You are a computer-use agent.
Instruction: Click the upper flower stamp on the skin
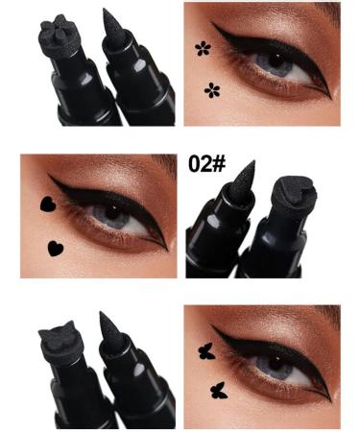tap(202, 48)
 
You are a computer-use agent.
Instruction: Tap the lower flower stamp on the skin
tap(212, 90)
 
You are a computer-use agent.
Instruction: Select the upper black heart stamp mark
tap(45, 204)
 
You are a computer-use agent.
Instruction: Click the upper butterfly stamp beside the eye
tap(204, 350)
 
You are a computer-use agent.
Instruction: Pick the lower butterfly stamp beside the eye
tap(216, 390)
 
